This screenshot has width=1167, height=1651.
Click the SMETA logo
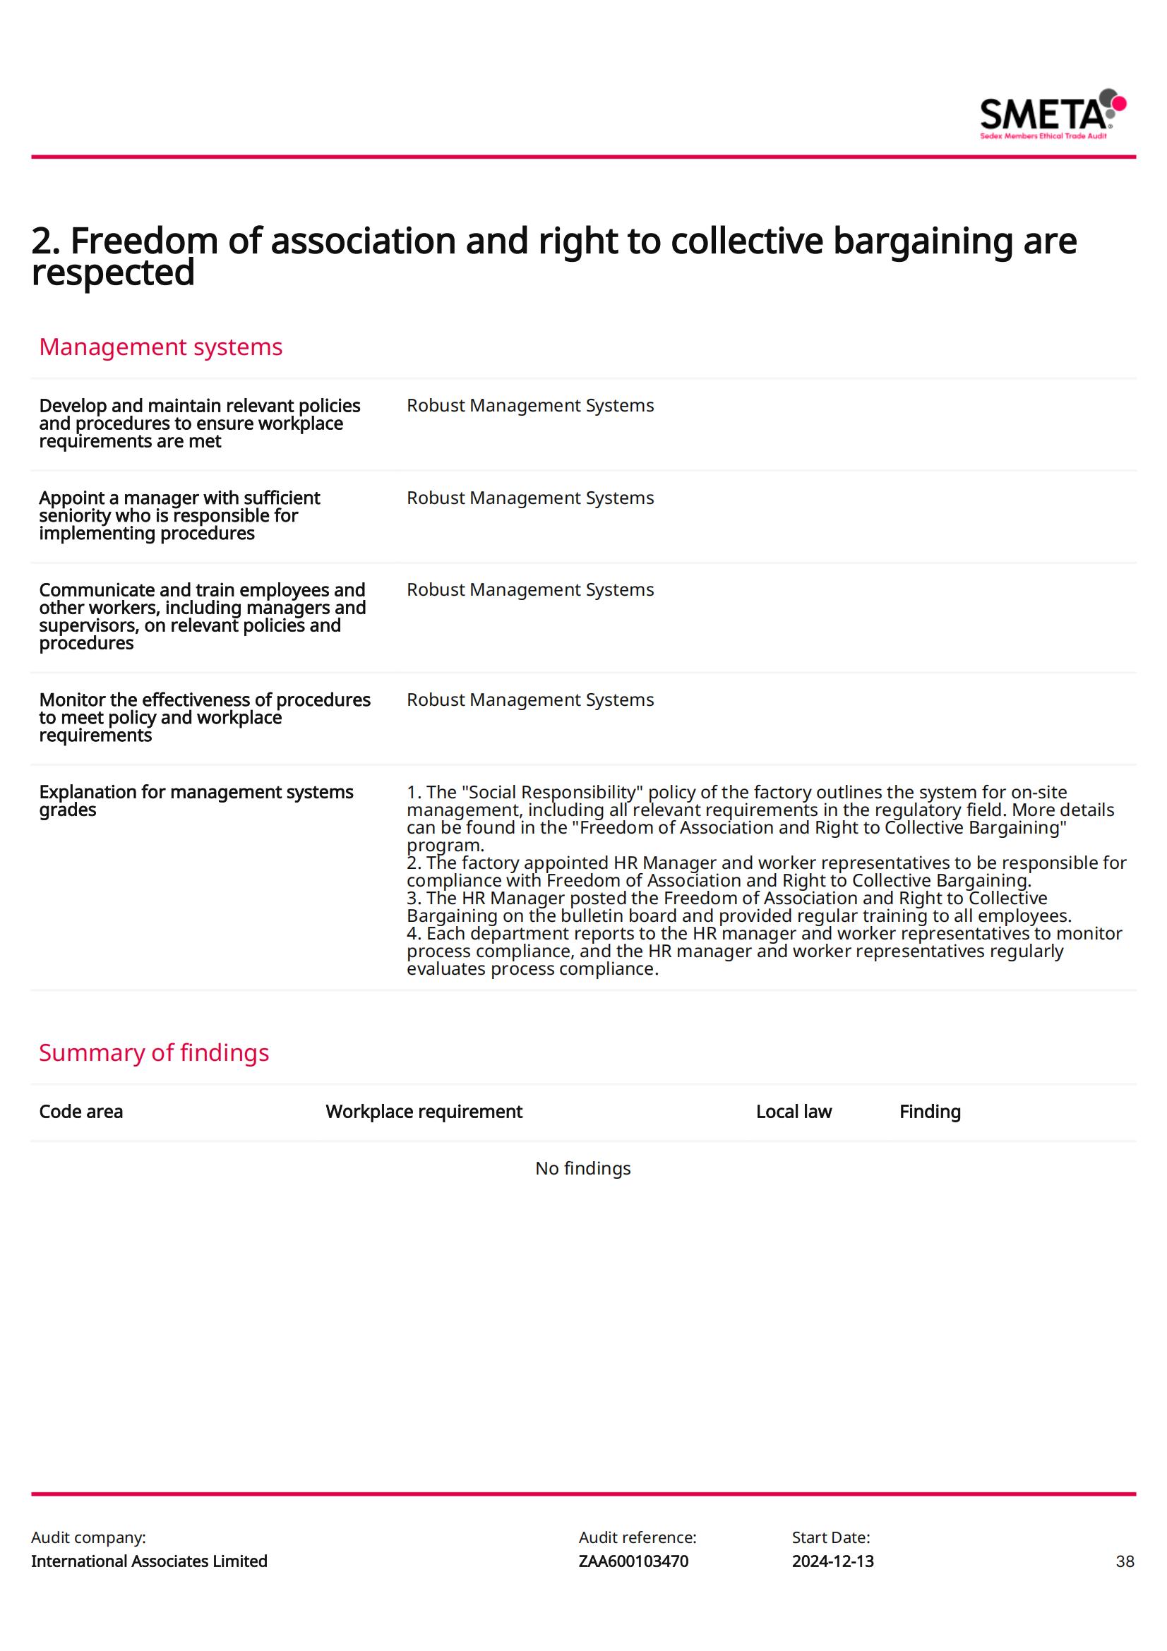[1052, 114]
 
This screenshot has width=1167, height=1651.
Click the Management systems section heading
[160, 347]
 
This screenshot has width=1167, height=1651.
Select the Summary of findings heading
[154, 1052]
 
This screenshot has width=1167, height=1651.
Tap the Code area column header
[80, 1112]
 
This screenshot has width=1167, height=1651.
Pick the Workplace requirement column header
[424, 1112]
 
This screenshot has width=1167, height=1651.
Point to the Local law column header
[793, 1112]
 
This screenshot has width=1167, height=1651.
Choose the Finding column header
[930, 1112]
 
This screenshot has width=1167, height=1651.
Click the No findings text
[582, 1168]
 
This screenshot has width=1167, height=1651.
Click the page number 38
[1125, 1561]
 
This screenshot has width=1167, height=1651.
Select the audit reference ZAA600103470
[633, 1561]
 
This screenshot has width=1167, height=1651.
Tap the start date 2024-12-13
[832, 1561]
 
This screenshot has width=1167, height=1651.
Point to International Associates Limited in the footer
[149, 1561]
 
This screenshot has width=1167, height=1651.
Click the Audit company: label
[88, 1537]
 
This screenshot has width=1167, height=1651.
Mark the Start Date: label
[830, 1537]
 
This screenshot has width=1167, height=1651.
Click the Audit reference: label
[637, 1537]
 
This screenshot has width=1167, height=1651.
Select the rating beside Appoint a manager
[530, 498]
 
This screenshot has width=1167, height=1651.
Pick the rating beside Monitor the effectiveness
[530, 700]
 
